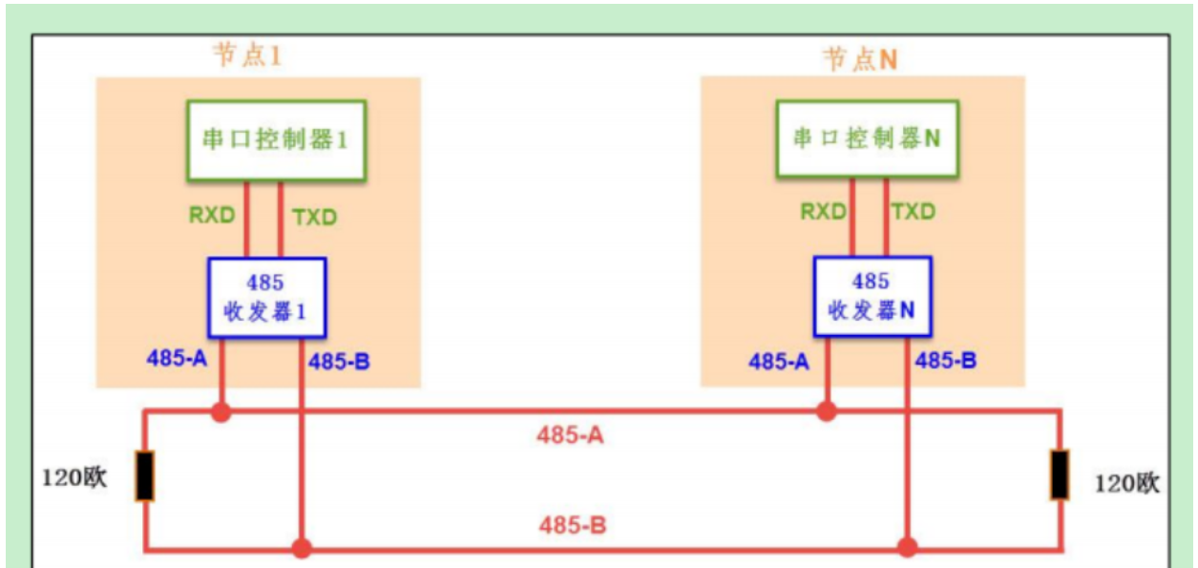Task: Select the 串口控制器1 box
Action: point(276,139)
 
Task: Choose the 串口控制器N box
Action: point(867,138)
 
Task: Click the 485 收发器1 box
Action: point(267,297)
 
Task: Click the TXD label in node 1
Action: point(315,218)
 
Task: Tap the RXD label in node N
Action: point(824,212)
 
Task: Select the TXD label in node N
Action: point(913,212)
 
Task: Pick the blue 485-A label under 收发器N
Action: point(781,362)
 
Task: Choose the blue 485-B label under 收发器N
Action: point(945,361)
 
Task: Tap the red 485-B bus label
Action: point(573,525)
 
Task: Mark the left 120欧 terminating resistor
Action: point(144,476)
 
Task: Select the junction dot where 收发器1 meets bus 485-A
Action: point(221,412)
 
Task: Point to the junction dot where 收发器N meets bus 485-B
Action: point(907,548)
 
